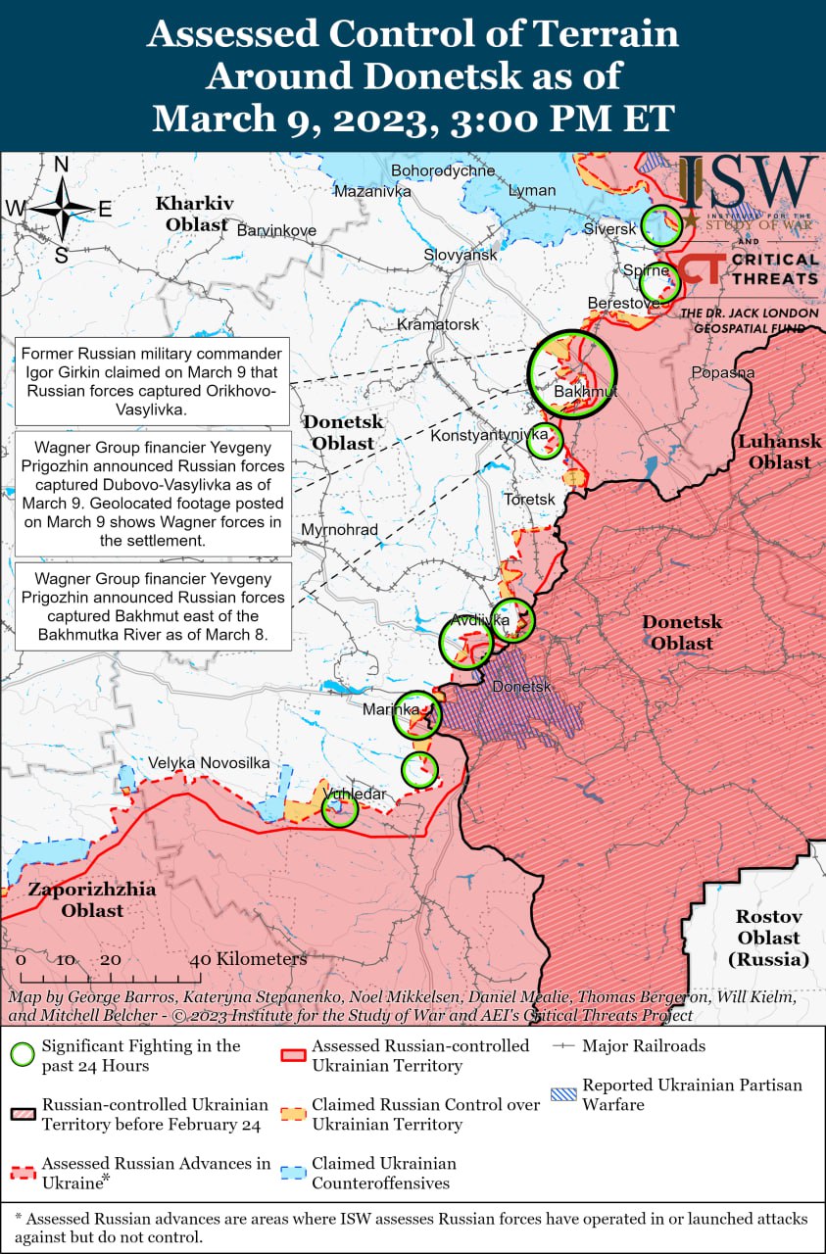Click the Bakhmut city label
click(585, 392)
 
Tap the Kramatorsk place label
click(437, 324)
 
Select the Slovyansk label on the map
click(461, 255)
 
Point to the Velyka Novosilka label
click(209, 762)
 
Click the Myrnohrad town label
click(340, 530)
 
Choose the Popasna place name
click(722, 372)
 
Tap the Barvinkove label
click(277, 230)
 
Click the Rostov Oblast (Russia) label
click(769, 938)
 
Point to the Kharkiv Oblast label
click(194, 214)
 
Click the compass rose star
click(62, 209)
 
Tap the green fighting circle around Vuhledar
click(340, 808)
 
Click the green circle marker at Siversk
click(661, 225)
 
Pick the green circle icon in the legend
click(22, 1055)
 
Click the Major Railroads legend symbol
click(565, 1046)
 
